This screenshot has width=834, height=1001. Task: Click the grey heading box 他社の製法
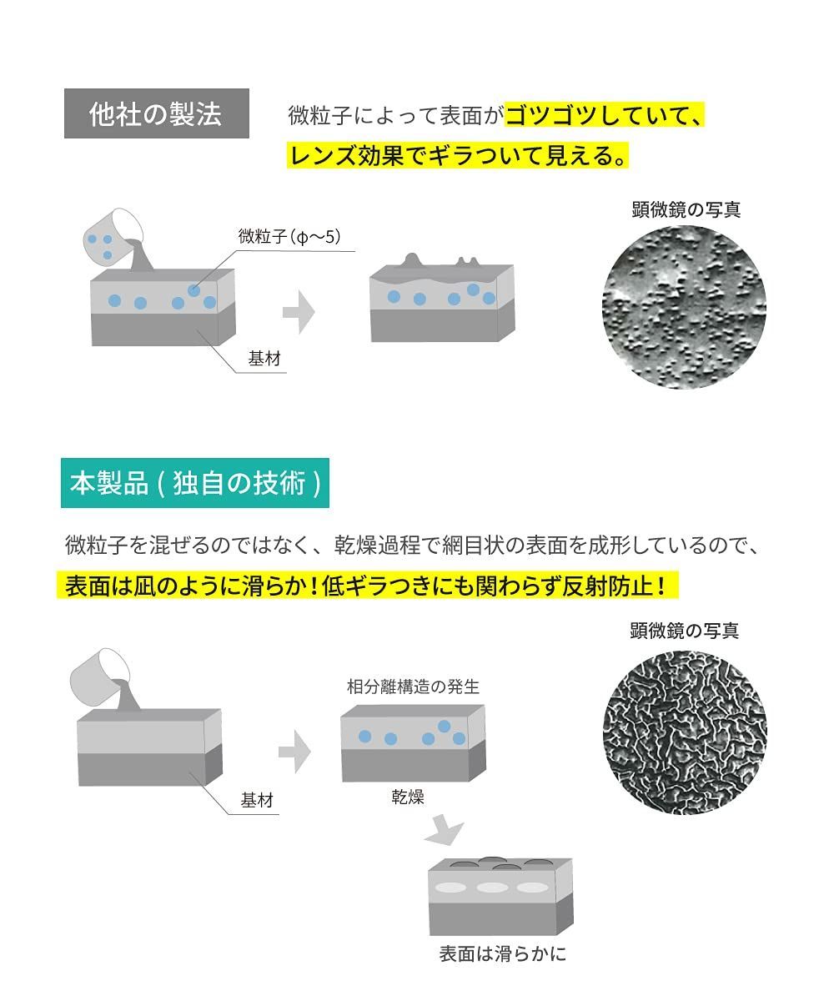pos(157,113)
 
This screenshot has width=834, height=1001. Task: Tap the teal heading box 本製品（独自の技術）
pos(195,483)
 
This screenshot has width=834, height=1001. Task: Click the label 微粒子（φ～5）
pos(289,236)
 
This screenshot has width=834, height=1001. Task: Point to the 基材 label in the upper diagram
pos(264,358)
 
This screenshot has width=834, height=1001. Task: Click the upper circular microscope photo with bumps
pos(684,307)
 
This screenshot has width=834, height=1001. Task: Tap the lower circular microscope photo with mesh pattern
pos(685,732)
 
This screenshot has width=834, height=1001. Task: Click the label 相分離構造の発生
pos(413,687)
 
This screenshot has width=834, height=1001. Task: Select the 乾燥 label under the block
pos(408,797)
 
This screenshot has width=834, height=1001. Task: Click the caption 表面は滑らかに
pos(503,954)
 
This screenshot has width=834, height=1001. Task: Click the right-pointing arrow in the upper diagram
pos(299,312)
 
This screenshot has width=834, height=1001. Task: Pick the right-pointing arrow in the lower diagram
pos(294,752)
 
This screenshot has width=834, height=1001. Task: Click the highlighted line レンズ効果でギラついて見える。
pos(458,155)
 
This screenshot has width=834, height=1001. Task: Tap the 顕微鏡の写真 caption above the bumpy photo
pos(686,209)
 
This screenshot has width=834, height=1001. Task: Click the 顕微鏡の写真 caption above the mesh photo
pos(685,631)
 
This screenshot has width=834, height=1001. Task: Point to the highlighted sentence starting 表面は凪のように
pos(368,585)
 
